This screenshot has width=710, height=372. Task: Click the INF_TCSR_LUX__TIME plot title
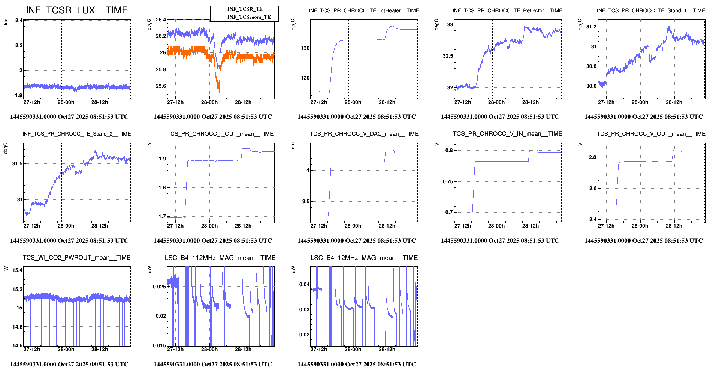coord(77,10)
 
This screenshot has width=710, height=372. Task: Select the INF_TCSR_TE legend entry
coord(245,9)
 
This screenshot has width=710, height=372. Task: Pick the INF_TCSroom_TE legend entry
coord(249,17)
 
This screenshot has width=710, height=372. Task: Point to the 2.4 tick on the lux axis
coord(19,20)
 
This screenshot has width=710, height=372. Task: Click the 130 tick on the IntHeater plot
coord(305,48)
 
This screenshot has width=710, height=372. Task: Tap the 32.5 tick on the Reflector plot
coord(448,56)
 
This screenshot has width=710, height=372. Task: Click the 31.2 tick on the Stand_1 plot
coord(591,27)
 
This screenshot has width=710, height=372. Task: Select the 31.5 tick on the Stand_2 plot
coord(17,163)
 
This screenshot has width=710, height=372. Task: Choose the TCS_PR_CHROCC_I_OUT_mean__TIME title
coord(220,134)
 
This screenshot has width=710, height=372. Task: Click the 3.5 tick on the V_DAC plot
coord(306,201)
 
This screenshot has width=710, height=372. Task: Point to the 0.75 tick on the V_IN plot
coord(448,181)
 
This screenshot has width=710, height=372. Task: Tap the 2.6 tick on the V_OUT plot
coord(593,188)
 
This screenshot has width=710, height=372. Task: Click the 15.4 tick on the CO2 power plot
coord(17,270)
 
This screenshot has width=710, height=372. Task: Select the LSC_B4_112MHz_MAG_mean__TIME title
coord(220,258)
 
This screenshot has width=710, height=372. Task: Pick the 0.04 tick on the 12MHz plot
coord(304,284)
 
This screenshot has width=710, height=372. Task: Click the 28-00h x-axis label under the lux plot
coord(66,102)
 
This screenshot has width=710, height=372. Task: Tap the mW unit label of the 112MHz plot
coord(150,270)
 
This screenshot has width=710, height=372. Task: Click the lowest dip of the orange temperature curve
coord(218,88)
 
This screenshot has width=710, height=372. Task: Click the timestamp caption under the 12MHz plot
coord(356,364)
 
